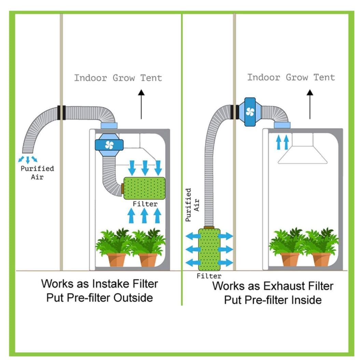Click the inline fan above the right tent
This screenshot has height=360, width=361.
click(x=250, y=111)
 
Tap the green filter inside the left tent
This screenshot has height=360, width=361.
click(x=144, y=188)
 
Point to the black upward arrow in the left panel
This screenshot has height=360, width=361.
click(x=141, y=104)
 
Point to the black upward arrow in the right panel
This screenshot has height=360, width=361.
click(x=310, y=104)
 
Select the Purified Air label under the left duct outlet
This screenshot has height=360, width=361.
click(x=37, y=172)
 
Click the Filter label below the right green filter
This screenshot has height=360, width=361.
click(x=209, y=276)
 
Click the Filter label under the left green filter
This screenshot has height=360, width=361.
click(x=145, y=204)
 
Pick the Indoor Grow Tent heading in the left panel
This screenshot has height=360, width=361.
click(x=118, y=78)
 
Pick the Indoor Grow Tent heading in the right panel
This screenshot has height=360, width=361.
click(x=291, y=77)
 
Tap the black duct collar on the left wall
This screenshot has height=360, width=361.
click(x=61, y=113)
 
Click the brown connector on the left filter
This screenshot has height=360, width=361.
click(x=122, y=188)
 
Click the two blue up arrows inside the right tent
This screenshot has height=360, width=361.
click(x=282, y=142)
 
